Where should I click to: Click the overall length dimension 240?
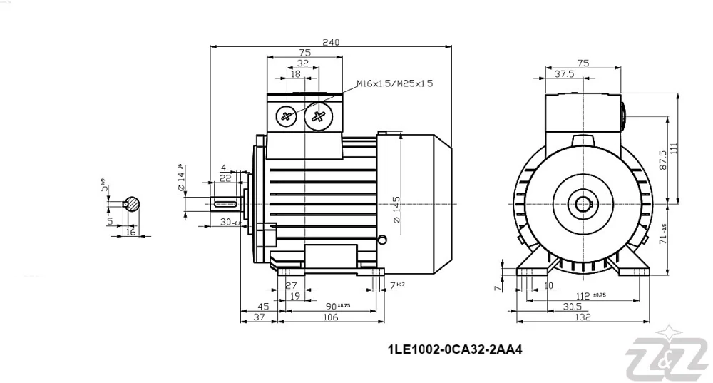click(330, 42)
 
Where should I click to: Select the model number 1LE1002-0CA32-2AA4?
click(450, 350)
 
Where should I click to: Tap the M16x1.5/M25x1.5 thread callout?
click(394, 83)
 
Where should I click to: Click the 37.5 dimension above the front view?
click(565, 74)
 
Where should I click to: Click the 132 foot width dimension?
click(583, 318)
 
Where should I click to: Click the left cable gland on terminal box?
click(287, 116)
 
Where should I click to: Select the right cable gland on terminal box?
click(317, 116)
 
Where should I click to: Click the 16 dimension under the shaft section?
click(130, 232)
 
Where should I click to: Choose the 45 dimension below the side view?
click(263, 307)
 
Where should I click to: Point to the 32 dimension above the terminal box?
click(303, 63)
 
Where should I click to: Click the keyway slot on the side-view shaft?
click(227, 204)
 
